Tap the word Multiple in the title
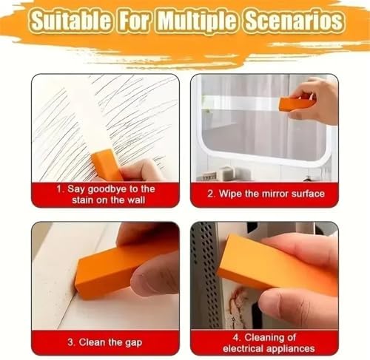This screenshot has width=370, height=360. pos(198,21)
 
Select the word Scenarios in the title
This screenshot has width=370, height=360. pos(294,20)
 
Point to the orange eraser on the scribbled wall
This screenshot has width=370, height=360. pos(107,165)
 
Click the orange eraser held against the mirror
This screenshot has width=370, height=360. pos(297,103)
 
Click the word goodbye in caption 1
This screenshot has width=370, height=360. pos(107,190)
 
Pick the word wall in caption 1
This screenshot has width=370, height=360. pos(136,200)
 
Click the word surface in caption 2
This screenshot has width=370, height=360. pos(308,194)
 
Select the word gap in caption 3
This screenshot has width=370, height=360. pos(134,343)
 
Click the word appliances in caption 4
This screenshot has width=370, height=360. pos(291,349)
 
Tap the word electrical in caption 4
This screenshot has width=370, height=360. pos(243,348)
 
